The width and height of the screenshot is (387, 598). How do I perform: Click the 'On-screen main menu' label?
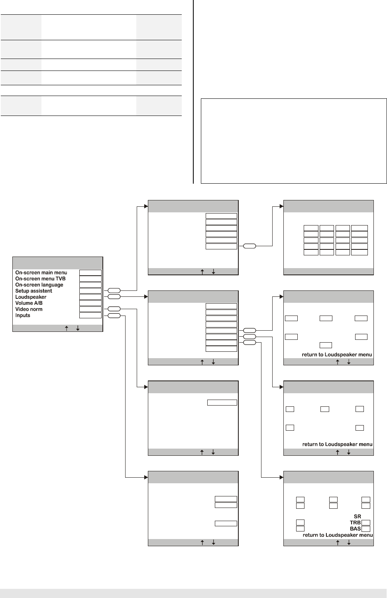tap(41, 273)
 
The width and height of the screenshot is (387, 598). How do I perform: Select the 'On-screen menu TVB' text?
tap(40, 278)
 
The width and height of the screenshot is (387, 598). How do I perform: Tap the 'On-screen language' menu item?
tap(39, 285)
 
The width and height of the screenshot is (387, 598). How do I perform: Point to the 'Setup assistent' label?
tap(33, 291)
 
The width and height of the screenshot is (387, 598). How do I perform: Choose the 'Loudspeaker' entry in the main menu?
tap(31, 297)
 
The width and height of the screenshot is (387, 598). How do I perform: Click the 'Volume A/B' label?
tap(29, 303)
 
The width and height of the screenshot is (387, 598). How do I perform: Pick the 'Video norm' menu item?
tap(29, 309)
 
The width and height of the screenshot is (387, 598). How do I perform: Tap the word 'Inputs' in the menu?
tap(23, 316)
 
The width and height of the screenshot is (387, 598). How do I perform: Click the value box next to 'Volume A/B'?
tap(90, 303)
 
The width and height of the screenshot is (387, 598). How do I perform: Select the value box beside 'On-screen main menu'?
tap(90, 273)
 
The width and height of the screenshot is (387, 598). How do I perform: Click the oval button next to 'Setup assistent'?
tap(114, 291)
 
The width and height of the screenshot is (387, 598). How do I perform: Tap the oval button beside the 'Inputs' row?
tap(114, 316)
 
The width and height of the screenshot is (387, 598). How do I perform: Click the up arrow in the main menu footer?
tap(66, 328)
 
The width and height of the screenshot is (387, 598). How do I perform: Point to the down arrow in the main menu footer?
tap(77, 328)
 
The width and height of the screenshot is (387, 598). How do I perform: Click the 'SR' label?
tap(357, 516)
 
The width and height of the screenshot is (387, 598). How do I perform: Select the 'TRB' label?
tap(355, 523)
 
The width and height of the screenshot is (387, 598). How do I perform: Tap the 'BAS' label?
tap(355, 529)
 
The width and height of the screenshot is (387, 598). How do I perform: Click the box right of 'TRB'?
tap(365, 523)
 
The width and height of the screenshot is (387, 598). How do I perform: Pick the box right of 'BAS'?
tap(365, 529)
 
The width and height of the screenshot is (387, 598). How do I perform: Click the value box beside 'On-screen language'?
tap(90, 285)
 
